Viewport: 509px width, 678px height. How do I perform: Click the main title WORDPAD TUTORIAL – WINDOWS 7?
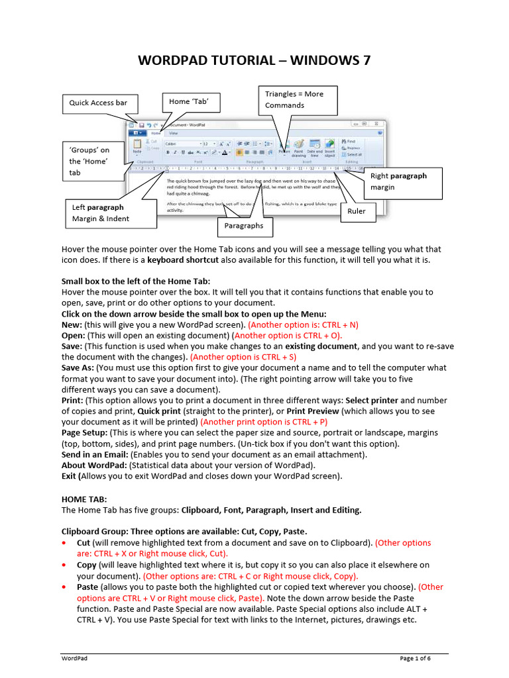tap(254, 61)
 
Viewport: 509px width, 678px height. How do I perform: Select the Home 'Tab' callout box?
tap(190, 101)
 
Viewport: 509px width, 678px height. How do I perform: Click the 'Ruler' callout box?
tap(357, 212)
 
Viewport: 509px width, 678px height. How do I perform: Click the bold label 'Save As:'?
tap(78, 367)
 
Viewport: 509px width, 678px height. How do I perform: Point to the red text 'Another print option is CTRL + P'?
tap(264, 421)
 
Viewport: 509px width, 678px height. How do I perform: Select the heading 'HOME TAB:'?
tap(84, 499)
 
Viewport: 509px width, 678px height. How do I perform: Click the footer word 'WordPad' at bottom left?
tap(74, 658)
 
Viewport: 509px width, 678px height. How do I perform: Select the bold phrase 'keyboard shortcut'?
tap(186, 260)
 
